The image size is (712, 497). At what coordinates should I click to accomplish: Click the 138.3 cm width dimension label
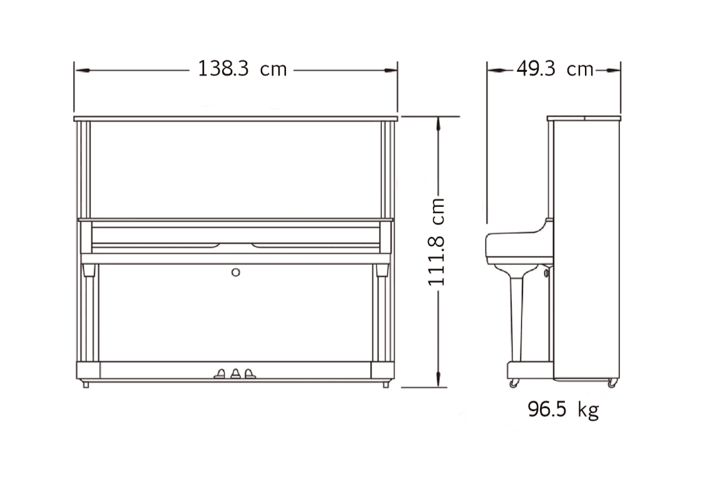242,69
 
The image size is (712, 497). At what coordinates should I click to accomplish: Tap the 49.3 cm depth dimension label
555,69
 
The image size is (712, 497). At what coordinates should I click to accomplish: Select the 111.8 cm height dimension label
436,242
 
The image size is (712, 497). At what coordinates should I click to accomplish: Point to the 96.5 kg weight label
563,409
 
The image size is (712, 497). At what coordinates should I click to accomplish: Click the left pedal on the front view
220,374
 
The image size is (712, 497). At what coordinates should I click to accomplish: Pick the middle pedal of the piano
235,374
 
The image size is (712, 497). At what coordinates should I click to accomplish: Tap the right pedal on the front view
250,374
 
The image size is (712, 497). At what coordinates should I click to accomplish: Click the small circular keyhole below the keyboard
236,273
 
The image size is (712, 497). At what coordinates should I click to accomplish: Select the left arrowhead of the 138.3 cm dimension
82,71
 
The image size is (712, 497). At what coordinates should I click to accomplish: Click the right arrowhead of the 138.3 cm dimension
390,71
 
